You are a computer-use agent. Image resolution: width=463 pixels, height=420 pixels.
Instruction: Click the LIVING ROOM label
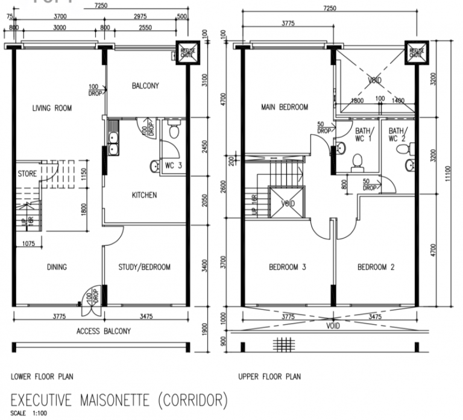pyautogui.click(x=52, y=108)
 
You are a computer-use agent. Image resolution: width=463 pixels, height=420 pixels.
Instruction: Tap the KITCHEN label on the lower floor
pyautogui.click(x=144, y=195)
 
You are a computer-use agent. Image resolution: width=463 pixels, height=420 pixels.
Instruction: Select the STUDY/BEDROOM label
pyautogui.click(x=145, y=268)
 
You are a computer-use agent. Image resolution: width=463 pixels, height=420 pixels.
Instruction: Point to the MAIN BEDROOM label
pyautogui.click(x=285, y=107)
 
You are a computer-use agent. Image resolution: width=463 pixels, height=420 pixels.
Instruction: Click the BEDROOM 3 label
pyautogui.click(x=288, y=268)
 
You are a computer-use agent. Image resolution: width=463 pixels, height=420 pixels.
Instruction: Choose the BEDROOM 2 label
pyautogui.click(x=376, y=268)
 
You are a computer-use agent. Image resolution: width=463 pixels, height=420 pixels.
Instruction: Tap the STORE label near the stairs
pyautogui.click(x=27, y=174)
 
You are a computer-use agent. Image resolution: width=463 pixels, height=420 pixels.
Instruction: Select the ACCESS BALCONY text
pyautogui.click(x=103, y=331)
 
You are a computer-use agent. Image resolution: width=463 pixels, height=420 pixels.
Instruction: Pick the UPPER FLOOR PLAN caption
pyautogui.click(x=269, y=377)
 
